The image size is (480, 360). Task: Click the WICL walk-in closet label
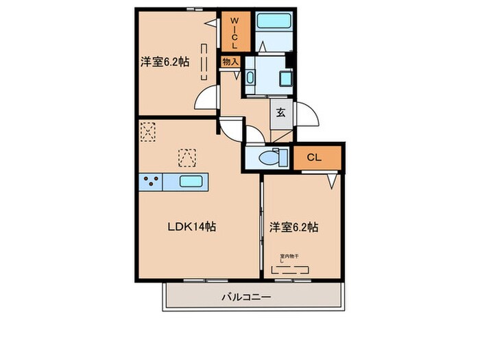coord(233,32)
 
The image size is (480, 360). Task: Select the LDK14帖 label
coord(192,226)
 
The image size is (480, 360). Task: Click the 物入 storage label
coord(230,62)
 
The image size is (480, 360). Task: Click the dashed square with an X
coord(148,131)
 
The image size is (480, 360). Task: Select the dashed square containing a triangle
coord(187,158)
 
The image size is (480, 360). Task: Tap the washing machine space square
coord(280,75)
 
